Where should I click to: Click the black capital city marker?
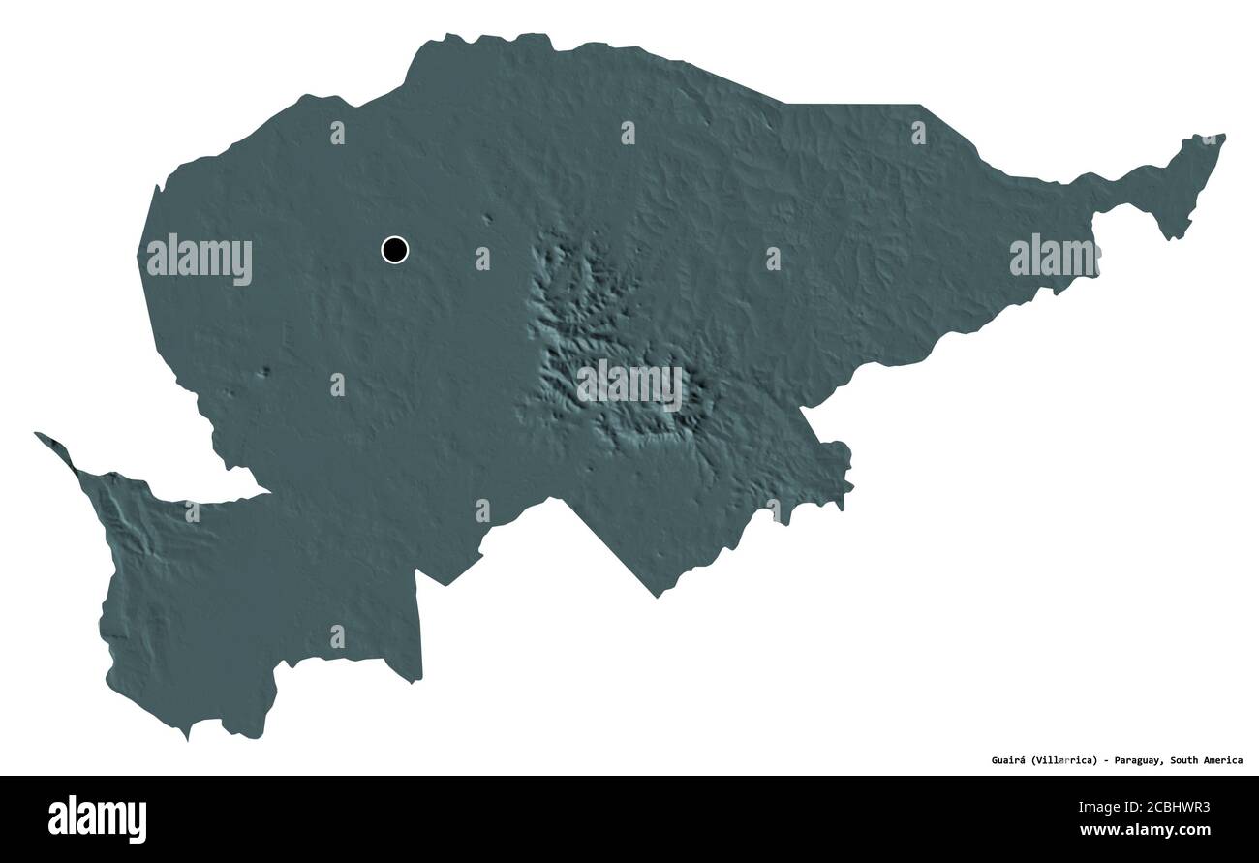tap(394, 250)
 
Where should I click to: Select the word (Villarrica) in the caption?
tap(1062, 760)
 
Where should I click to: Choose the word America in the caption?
tap(1224, 760)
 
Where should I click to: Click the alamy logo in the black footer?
tap(97, 819)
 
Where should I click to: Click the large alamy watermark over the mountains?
tap(629, 385)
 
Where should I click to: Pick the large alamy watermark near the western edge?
tap(199, 259)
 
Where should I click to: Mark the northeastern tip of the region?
tap(1222, 137)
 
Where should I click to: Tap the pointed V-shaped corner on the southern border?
tap(658, 595)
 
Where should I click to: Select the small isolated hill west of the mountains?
tap(266, 371)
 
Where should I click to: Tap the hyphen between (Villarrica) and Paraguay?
tap(1105, 760)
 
